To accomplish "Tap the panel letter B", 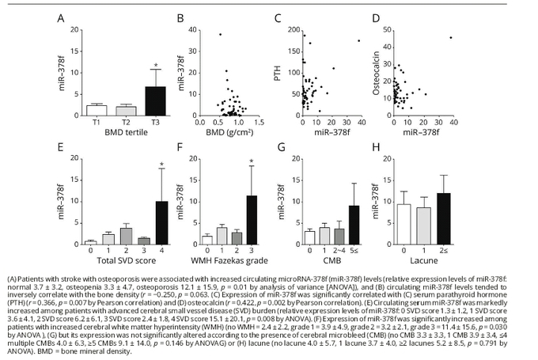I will [x=180, y=17].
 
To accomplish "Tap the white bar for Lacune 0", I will [x=404, y=223].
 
